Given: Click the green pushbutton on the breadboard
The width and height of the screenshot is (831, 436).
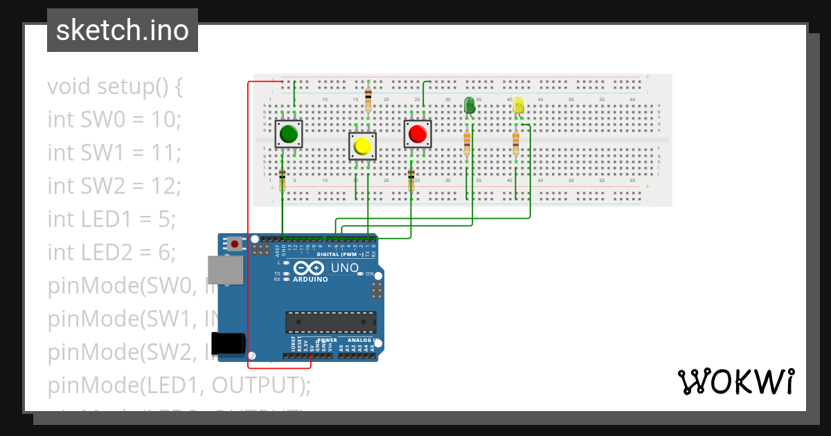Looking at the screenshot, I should pos(289,134).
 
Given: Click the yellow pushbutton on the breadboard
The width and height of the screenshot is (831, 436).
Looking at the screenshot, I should pos(361,146).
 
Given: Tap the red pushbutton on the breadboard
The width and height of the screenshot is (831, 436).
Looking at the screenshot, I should pos(418,134).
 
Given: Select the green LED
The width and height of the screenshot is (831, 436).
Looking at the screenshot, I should pos(469,105).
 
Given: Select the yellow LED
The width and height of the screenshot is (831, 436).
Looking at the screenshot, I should pos(517,105).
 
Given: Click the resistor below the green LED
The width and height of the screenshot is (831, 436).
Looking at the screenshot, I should pos(467,143).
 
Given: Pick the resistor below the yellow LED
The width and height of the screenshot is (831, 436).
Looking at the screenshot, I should pos(515,143).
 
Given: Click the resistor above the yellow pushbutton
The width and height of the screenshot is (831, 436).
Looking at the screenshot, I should pos(368,98).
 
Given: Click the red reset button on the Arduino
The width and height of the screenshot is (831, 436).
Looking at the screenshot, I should pos(235,244).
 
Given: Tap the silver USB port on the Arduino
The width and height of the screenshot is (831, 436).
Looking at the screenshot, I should pos(225,270).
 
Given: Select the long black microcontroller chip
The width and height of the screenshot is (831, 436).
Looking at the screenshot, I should pos(331,322).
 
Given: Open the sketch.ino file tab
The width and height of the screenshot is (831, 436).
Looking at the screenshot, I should pos(123,30).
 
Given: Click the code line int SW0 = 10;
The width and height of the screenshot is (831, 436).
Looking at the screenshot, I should pos(114,119).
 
